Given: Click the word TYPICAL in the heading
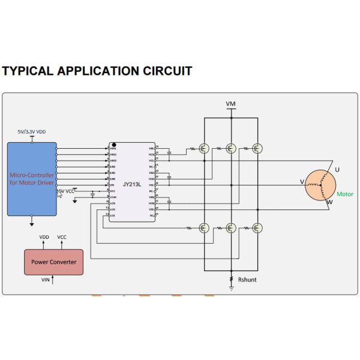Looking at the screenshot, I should (x=27, y=71).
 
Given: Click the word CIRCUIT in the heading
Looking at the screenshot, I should (x=168, y=71).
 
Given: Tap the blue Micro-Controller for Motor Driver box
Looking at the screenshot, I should (x=32, y=179).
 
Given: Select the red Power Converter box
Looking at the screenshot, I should (x=53, y=262).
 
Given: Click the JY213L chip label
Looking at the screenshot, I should (x=132, y=185).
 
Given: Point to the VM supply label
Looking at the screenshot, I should (x=230, y=104).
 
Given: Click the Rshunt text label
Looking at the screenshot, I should (x=247, y=280).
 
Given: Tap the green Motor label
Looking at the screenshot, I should (x=345, y=194).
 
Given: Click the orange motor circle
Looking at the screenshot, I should (x=320, y=185).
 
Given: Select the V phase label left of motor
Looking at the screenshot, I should (x=302, y=181).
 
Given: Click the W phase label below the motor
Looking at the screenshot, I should (x=329, y=203).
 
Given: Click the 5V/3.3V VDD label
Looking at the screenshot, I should (x=31, y=131).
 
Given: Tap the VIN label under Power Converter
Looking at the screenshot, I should (x=45, y=280).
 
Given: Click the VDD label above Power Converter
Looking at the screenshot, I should (x=44, y=238).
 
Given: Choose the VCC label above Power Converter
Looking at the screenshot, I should (x=62, y=238).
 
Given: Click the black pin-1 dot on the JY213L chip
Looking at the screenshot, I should (x=113, y=145).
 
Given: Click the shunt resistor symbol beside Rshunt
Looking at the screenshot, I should (x=231, y=279).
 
